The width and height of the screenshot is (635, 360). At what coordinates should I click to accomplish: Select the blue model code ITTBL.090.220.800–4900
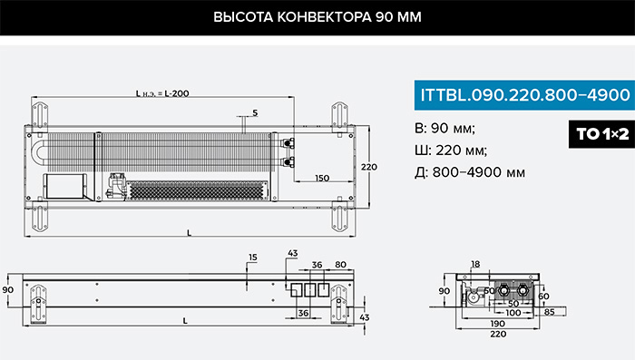coord(525,95)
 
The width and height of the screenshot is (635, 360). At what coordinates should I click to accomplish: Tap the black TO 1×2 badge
coord(602,133)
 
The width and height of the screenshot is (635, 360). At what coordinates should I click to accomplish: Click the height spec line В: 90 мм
coord(445,129)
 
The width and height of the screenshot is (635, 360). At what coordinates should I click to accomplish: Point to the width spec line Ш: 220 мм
coord(451,151)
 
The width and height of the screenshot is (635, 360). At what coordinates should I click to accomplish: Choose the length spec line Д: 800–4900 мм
coord(470,172)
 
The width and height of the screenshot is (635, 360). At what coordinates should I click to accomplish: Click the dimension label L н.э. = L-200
coord(162,93)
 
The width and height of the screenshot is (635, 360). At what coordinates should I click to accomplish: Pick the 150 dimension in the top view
coord(322,178)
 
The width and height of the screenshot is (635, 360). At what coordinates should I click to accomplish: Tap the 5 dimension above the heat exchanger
coord(255,113)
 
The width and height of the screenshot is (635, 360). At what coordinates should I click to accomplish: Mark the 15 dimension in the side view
coord(253,258)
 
